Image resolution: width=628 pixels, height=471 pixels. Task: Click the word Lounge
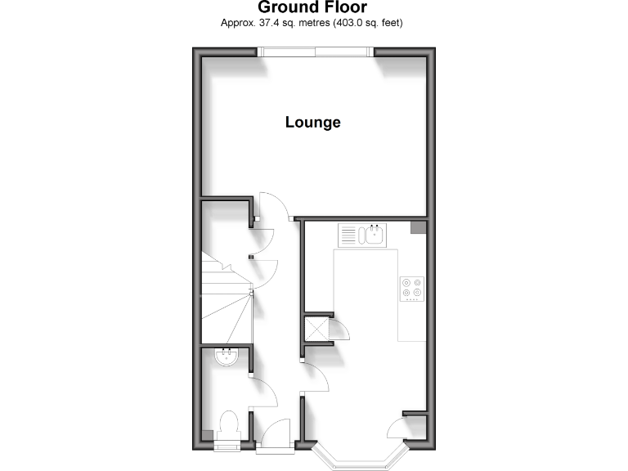(312, 123)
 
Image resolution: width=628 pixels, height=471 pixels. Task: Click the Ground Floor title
(312, 7)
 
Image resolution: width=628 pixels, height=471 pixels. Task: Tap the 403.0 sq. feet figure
(363, 23)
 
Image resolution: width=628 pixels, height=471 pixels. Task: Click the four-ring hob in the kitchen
(412, 289)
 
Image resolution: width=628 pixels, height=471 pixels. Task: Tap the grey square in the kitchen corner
(418, 227)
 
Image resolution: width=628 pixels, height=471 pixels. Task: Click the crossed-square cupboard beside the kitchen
(316, 330)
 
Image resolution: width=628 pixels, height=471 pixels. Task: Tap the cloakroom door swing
(263, 392)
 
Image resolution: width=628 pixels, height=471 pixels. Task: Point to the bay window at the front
(361, 458)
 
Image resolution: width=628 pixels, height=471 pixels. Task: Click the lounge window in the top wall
(316, 52)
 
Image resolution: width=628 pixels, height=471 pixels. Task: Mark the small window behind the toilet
(226, 446)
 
